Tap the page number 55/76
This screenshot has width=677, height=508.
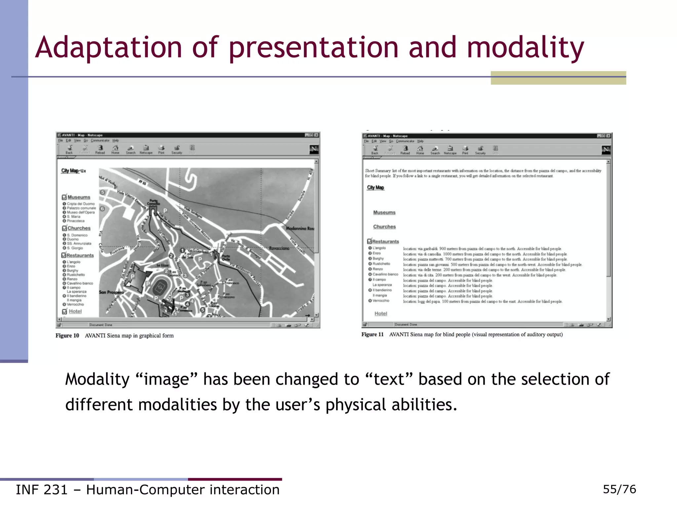click(x=619, y=489)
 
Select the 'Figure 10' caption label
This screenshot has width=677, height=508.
click(x=67, y=336)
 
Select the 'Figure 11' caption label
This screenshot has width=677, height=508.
click(x=372, y=334)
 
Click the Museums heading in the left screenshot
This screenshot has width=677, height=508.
click(x=79, y=197)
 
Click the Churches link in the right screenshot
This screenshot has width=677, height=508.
click(x=384, y=227)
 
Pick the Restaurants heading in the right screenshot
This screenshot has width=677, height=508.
click(x=385, y=241)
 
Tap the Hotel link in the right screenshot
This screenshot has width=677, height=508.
click(x=380, y=314)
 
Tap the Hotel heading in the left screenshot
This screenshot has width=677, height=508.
click(x=75, y=311)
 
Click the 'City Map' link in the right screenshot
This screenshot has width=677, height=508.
click(x=376, y=188)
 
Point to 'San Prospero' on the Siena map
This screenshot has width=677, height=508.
click(x=111, y=292)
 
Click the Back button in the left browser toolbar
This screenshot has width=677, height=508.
click(x=69, y=149)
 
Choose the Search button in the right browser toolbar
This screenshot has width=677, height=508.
click(x=435, y=150)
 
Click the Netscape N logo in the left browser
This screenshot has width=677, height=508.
click(x=314, y=149)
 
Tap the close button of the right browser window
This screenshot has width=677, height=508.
click(x=609, y=136)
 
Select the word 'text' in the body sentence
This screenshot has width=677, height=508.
click(x=389, y=379)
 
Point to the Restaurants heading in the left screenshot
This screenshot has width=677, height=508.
click(x=80, y=255)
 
